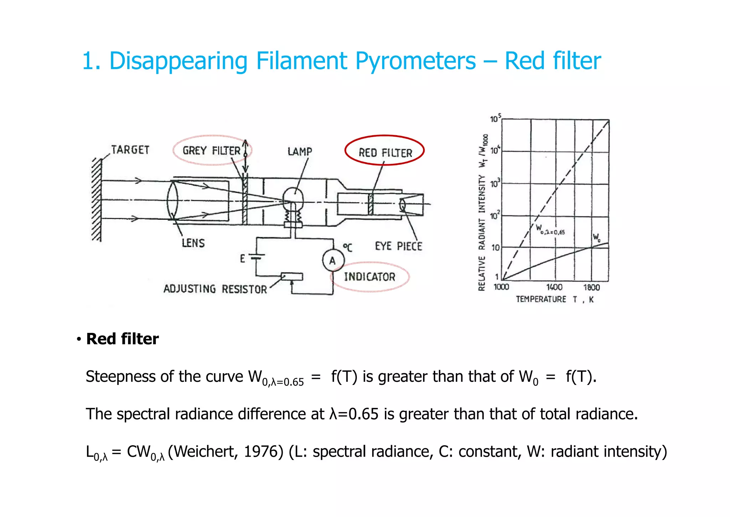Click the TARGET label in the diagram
130,150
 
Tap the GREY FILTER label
211,151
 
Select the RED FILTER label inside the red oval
385,153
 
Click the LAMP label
300,152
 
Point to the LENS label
193,243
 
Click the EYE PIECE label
399,247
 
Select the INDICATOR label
370,277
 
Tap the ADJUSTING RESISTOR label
215,289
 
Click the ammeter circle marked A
333,260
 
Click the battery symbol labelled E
256,257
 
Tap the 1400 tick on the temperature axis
554,288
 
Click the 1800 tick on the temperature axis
591,288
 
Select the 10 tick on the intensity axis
496,248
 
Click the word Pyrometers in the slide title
415,61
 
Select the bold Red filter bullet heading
122,339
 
